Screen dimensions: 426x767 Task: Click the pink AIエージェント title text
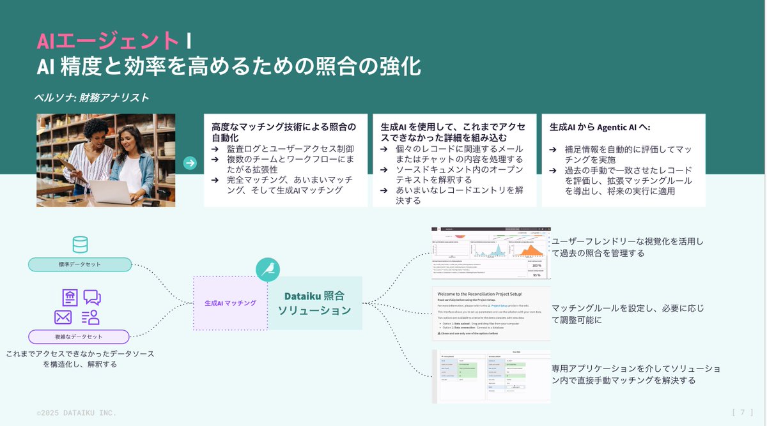coord(107,40)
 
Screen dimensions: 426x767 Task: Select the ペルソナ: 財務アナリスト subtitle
coord(91,98)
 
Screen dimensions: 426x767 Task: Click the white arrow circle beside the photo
coord(190,163)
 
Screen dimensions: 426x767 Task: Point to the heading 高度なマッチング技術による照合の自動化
coord(284,132)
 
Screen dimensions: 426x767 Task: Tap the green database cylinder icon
coord(81,245)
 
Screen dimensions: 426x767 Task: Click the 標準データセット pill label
coord(80,264)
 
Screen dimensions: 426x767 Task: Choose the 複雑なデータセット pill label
coord(79,337)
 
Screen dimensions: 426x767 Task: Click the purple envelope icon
coord(63,317)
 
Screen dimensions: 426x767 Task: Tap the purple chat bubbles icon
coord(92,298)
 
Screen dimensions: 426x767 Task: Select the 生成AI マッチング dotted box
coord(230,303)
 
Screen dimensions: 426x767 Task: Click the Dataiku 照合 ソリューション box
coord(314,303)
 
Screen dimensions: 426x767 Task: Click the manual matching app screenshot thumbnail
coord(491,377)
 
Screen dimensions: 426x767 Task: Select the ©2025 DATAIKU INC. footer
coord(76,413)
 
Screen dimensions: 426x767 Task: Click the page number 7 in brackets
coord(742,412)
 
